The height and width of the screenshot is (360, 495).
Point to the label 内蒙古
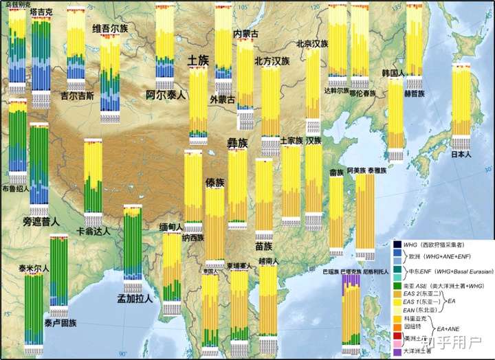[246, 34]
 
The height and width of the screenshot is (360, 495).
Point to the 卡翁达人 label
[93, 232]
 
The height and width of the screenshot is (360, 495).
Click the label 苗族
[264, 246]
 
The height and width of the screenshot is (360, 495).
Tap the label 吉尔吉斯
[77, 96]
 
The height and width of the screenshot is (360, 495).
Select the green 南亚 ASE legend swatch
[397, 282]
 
